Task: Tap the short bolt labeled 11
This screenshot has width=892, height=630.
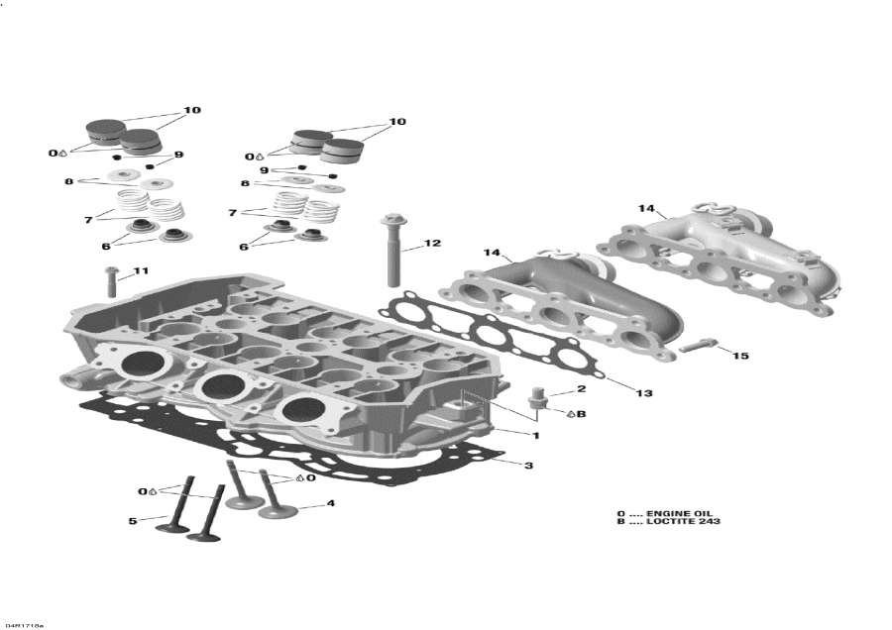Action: click(110, 281)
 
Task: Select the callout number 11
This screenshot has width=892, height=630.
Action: click(141, 270)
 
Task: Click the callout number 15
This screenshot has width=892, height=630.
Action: click(740, 356)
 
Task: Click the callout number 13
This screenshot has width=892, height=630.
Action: click(644, 393)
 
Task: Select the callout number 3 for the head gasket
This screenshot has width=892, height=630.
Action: click(528, 465)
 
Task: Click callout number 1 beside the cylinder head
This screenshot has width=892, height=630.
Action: click(535, 435)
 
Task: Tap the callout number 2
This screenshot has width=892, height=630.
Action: click(582, 389)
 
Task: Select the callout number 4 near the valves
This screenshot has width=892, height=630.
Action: click(331, 503)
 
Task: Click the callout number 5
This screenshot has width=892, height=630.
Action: click(133, 520)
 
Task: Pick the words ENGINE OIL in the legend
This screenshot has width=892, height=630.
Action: click(679, 513)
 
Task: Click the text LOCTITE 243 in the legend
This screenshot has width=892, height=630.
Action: click(684, 521)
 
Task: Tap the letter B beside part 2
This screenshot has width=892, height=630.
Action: click(582, 413)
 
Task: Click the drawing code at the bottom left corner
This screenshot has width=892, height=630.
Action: click(24, 625)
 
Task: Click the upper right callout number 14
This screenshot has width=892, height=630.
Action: click(646, 208)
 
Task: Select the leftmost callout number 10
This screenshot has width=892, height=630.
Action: click(192, 110)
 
